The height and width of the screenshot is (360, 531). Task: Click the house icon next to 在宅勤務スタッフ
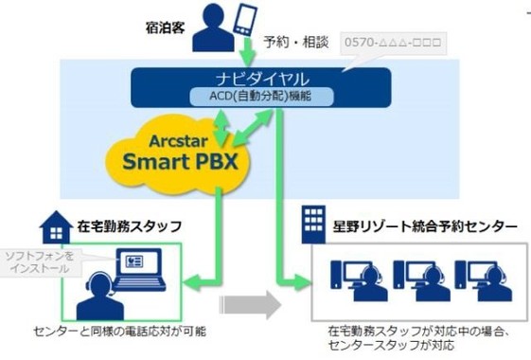coord(54,227)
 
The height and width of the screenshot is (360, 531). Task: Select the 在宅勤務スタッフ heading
coord(129,227)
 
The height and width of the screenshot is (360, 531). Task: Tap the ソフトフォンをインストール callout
coord(42,262)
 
